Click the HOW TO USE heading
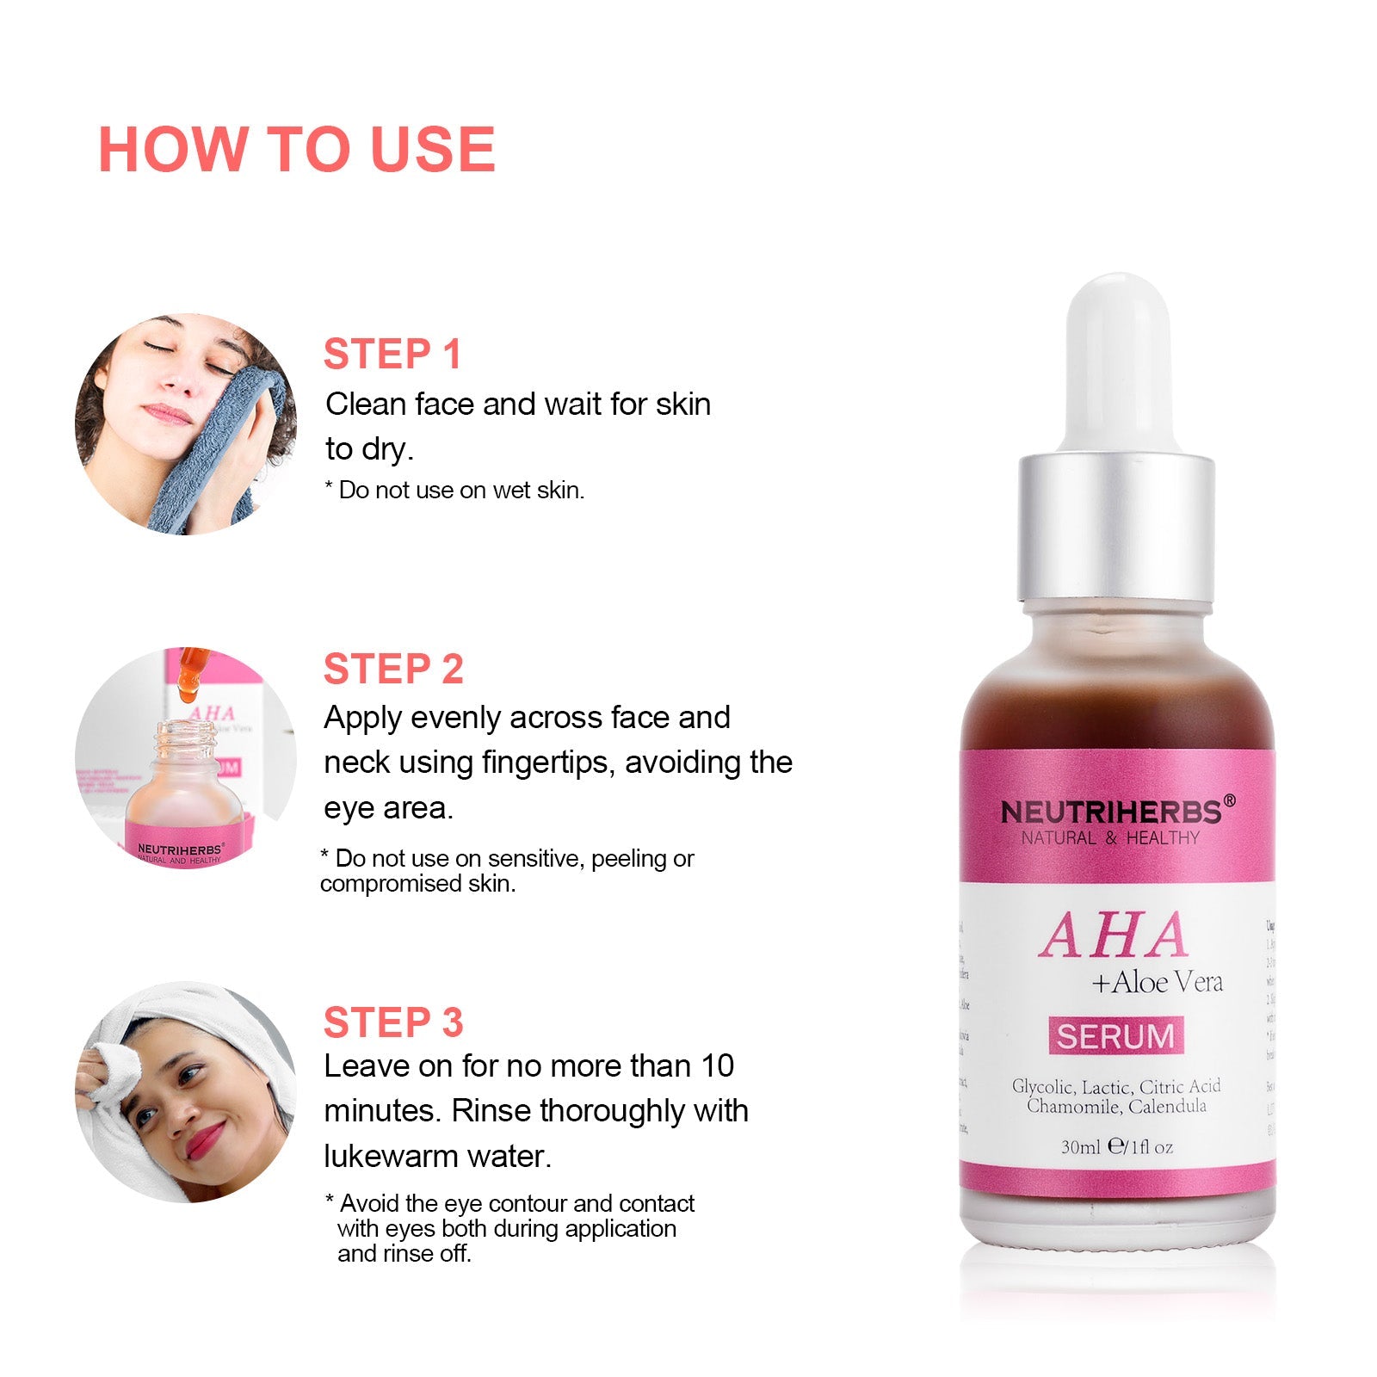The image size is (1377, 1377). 297,150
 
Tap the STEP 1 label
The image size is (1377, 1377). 392,355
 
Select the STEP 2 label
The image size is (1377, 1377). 393,670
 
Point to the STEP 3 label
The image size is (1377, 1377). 393,1022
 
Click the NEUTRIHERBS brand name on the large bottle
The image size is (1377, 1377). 1111,812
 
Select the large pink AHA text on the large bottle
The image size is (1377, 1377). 1115,935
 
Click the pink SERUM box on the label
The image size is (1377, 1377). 1115,1036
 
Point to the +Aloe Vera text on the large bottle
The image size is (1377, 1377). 1157,982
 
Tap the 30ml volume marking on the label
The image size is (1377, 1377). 1080,1146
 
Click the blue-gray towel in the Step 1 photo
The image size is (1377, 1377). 219,448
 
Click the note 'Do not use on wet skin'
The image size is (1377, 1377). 454,491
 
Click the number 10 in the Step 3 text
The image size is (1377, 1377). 717,1066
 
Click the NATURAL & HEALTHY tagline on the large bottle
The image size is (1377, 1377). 1110,838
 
